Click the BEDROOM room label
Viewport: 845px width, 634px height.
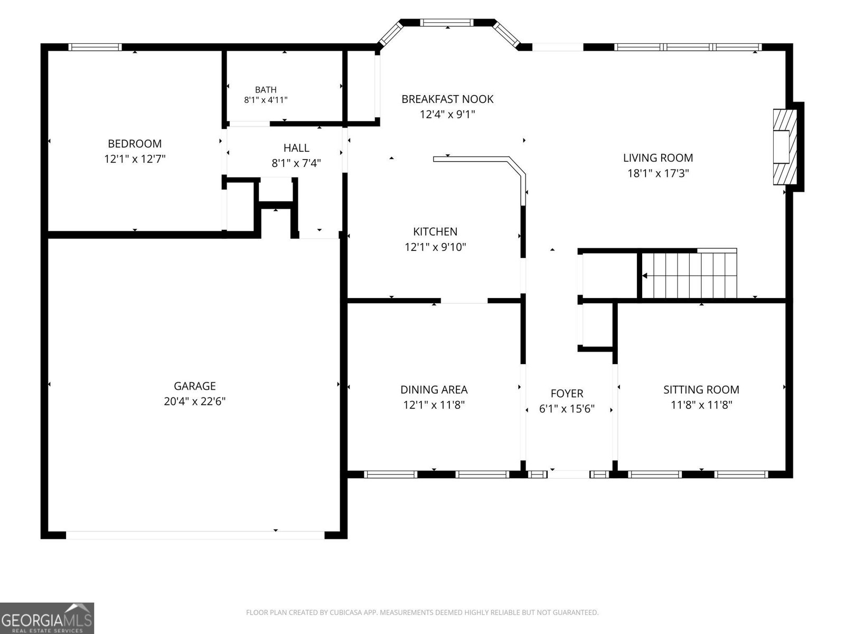click(134, 144)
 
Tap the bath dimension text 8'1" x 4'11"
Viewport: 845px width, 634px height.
click(266, 100)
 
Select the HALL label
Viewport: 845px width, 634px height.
click(296, 148)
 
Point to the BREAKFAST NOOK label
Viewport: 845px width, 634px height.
click(447, 99)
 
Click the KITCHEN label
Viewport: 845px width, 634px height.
click(435, 231)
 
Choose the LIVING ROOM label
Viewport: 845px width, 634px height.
click(658, 158)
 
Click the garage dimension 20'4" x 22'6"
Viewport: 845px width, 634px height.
click(194, 401)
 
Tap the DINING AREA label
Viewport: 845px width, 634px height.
click(434, 389)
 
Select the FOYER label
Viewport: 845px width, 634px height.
click(567, 394)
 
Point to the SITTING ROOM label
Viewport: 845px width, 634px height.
click(701, 389)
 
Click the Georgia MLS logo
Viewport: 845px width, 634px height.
click(47, 618)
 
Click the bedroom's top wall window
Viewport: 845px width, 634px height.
click(95, 47)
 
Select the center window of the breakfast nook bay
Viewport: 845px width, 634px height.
click(447, 22)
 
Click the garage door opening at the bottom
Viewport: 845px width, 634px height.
click(195, 535)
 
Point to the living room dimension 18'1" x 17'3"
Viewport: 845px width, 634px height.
click(658, 173)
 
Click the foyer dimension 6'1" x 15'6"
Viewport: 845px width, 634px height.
click(567, 409)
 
